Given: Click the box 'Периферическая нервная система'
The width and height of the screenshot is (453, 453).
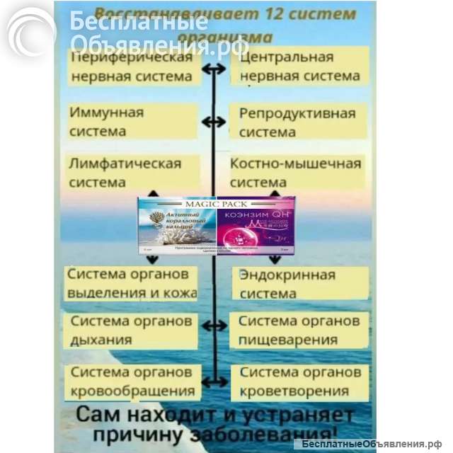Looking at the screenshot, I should pos(132,67).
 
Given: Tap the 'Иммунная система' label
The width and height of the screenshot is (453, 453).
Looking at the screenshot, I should pos(131,122).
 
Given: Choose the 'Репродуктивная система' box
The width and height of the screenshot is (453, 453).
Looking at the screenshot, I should pos(297,122).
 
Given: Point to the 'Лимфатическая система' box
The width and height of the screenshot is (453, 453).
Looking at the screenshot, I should pos(132,173).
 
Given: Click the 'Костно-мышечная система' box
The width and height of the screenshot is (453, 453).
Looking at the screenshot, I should pos(297,173).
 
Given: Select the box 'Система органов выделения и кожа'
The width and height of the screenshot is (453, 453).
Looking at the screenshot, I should pos(131,283).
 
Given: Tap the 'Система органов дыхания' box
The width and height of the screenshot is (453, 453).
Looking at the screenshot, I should pos(132,330).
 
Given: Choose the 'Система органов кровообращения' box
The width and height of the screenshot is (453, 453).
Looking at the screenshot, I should pos(132,382).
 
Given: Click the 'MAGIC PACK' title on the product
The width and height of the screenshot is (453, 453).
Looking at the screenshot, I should pos(215,202).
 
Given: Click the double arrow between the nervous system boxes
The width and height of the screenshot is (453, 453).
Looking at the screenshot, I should pos(213,69).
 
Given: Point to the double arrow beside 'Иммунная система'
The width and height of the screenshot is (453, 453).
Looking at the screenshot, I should pos(213,122).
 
